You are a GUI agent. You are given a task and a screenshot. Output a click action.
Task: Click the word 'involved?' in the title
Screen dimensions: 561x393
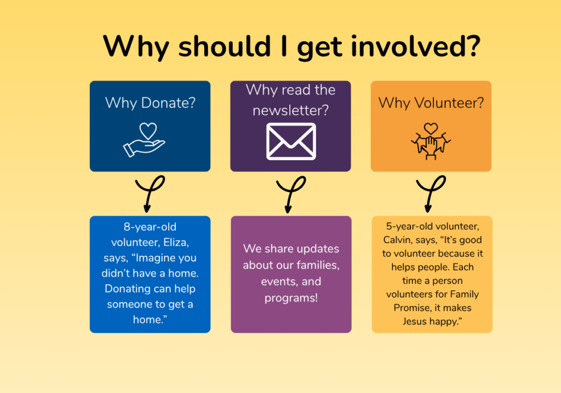click(x=416, y=46)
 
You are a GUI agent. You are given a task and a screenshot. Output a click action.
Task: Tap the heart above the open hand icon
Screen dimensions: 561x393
click(x=148, y=131)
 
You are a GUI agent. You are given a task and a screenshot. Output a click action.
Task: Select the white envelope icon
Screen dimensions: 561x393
click(x=291, y=141)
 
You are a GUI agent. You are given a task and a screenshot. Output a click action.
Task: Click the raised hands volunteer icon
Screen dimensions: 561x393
click(x=431, y=141)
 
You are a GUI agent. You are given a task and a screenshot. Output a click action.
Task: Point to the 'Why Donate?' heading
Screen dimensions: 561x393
click(x=150, y=103)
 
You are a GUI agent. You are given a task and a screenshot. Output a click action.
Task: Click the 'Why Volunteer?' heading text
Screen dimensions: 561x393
click(x=431, y=103)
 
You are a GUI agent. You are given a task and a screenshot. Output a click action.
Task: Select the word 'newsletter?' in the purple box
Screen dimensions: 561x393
click(x=290, y=110)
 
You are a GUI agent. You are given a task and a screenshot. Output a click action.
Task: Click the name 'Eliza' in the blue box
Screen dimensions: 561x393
click(x=176, y=243)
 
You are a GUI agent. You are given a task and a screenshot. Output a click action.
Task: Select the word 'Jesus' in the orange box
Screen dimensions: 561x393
click(x=415, y=321)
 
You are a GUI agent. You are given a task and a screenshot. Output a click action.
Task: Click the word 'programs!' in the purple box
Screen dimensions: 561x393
click(x=291, y=299)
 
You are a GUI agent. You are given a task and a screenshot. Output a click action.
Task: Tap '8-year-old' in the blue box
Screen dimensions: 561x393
click(x=150, y=227)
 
